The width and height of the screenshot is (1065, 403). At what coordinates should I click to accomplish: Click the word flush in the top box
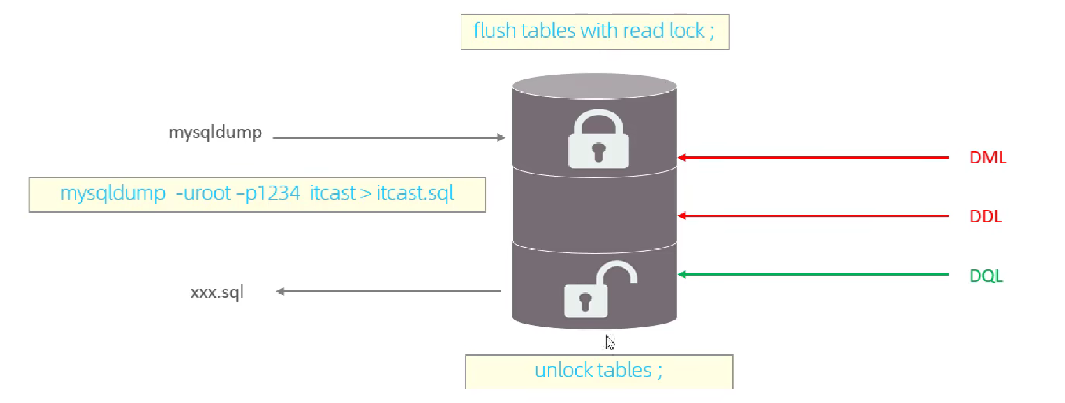point(494,31)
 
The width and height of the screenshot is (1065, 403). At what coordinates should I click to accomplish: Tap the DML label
point(988,157)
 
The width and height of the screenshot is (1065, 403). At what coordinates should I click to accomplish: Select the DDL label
point(986,217)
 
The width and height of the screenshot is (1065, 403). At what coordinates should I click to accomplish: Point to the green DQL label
point(986,276)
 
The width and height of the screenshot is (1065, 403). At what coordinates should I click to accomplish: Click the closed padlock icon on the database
point(598,140)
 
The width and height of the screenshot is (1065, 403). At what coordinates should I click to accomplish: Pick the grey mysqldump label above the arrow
point(215,133)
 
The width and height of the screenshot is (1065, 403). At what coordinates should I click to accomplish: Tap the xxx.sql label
point(217,292)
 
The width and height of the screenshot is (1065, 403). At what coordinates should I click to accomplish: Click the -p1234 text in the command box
point(268,193)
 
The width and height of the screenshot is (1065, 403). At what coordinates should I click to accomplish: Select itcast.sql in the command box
point(415,193)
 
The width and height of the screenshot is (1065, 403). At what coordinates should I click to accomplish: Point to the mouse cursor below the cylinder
point(609,342)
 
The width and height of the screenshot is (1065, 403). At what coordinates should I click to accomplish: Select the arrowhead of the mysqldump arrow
point(501,138)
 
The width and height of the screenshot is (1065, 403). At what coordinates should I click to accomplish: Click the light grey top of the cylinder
point(594,86)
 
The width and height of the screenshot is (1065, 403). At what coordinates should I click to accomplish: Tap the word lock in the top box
point(687,31)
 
